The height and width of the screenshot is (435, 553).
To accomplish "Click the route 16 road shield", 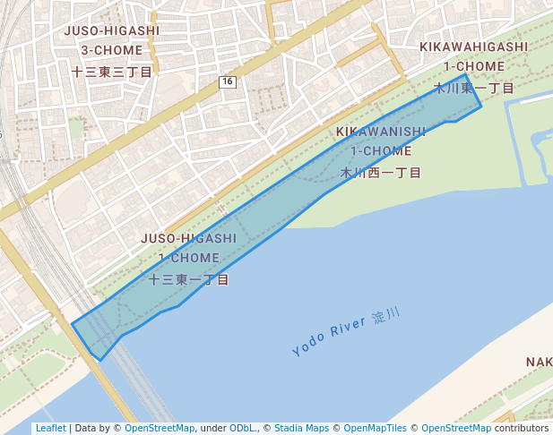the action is (226, 82).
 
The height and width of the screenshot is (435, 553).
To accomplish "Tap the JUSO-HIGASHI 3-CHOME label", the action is (112, 40).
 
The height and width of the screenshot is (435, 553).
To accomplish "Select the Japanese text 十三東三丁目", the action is (112, 72).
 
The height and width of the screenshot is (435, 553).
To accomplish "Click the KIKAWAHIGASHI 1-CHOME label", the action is (473, 55).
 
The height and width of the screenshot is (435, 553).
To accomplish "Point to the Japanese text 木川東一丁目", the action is (473, 88).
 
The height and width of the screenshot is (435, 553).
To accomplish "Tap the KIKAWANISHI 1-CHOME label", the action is (381, 141).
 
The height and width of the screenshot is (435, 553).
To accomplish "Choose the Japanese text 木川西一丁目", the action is (381, 173).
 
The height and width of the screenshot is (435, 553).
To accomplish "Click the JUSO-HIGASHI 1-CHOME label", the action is (188, 248).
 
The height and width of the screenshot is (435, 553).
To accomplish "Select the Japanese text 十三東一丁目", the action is (188, 280).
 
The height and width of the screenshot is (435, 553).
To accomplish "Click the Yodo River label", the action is (328, 337).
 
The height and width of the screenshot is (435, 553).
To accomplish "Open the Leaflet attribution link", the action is (50, 429).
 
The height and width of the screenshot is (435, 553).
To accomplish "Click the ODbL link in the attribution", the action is (242, 429).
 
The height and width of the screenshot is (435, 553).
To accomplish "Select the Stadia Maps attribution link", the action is (301, 429).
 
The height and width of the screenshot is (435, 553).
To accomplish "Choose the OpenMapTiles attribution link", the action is (375, 429).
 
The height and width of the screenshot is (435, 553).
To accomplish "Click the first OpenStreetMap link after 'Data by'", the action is (160, 429).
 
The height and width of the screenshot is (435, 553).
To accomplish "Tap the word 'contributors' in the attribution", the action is (522, 429).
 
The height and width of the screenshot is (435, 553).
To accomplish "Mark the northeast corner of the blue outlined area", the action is (464, 75).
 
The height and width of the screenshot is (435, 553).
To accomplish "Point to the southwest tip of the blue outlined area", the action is (99, 360).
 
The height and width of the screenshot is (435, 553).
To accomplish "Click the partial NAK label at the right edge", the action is (540, 362).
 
